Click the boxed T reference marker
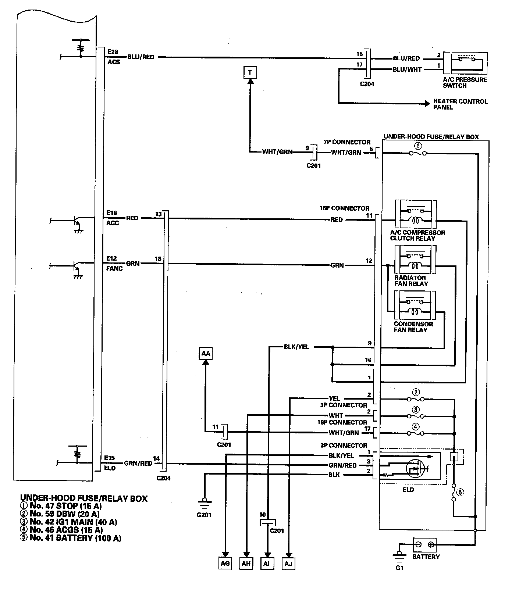click(x=250, y=72)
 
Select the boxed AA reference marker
click(x=206, y=353)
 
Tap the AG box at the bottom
click(x=225, y=564)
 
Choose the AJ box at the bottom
click(x=289, y=564)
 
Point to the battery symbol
click(x=424, y=545)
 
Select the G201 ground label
click(x=204, y=515)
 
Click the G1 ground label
click(x=399, y=568)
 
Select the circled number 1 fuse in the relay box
click(x=418, y=146)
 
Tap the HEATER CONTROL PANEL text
click(x=460, y=104)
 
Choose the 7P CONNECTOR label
click(x=347, y=142)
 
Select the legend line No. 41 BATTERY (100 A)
click(x=71, y=538)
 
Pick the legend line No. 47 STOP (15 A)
click(x=61, y=506)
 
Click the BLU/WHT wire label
click(x=407, y=69)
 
